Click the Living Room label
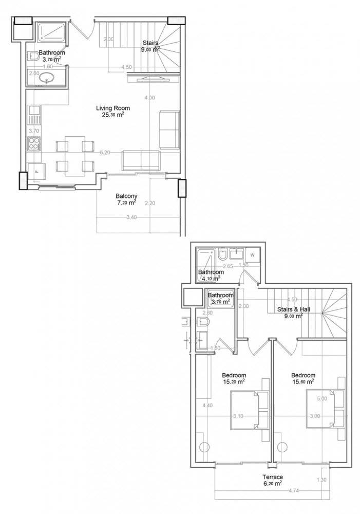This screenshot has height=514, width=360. pyautogui.click(x=112, y=108)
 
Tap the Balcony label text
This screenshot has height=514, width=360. pyautogui.click(x=126, y=196)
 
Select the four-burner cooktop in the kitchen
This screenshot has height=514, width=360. pyautogui.click(x=34, y=143)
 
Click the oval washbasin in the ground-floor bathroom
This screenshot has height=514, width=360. pyautogui.click(x=48, y=79)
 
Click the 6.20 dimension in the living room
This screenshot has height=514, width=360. pyautogui.click(x=105, y=153)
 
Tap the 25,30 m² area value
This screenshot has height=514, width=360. pyautogui.click(x=113, y=115)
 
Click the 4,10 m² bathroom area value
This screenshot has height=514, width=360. pyautogui.click(x=211, y=279)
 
